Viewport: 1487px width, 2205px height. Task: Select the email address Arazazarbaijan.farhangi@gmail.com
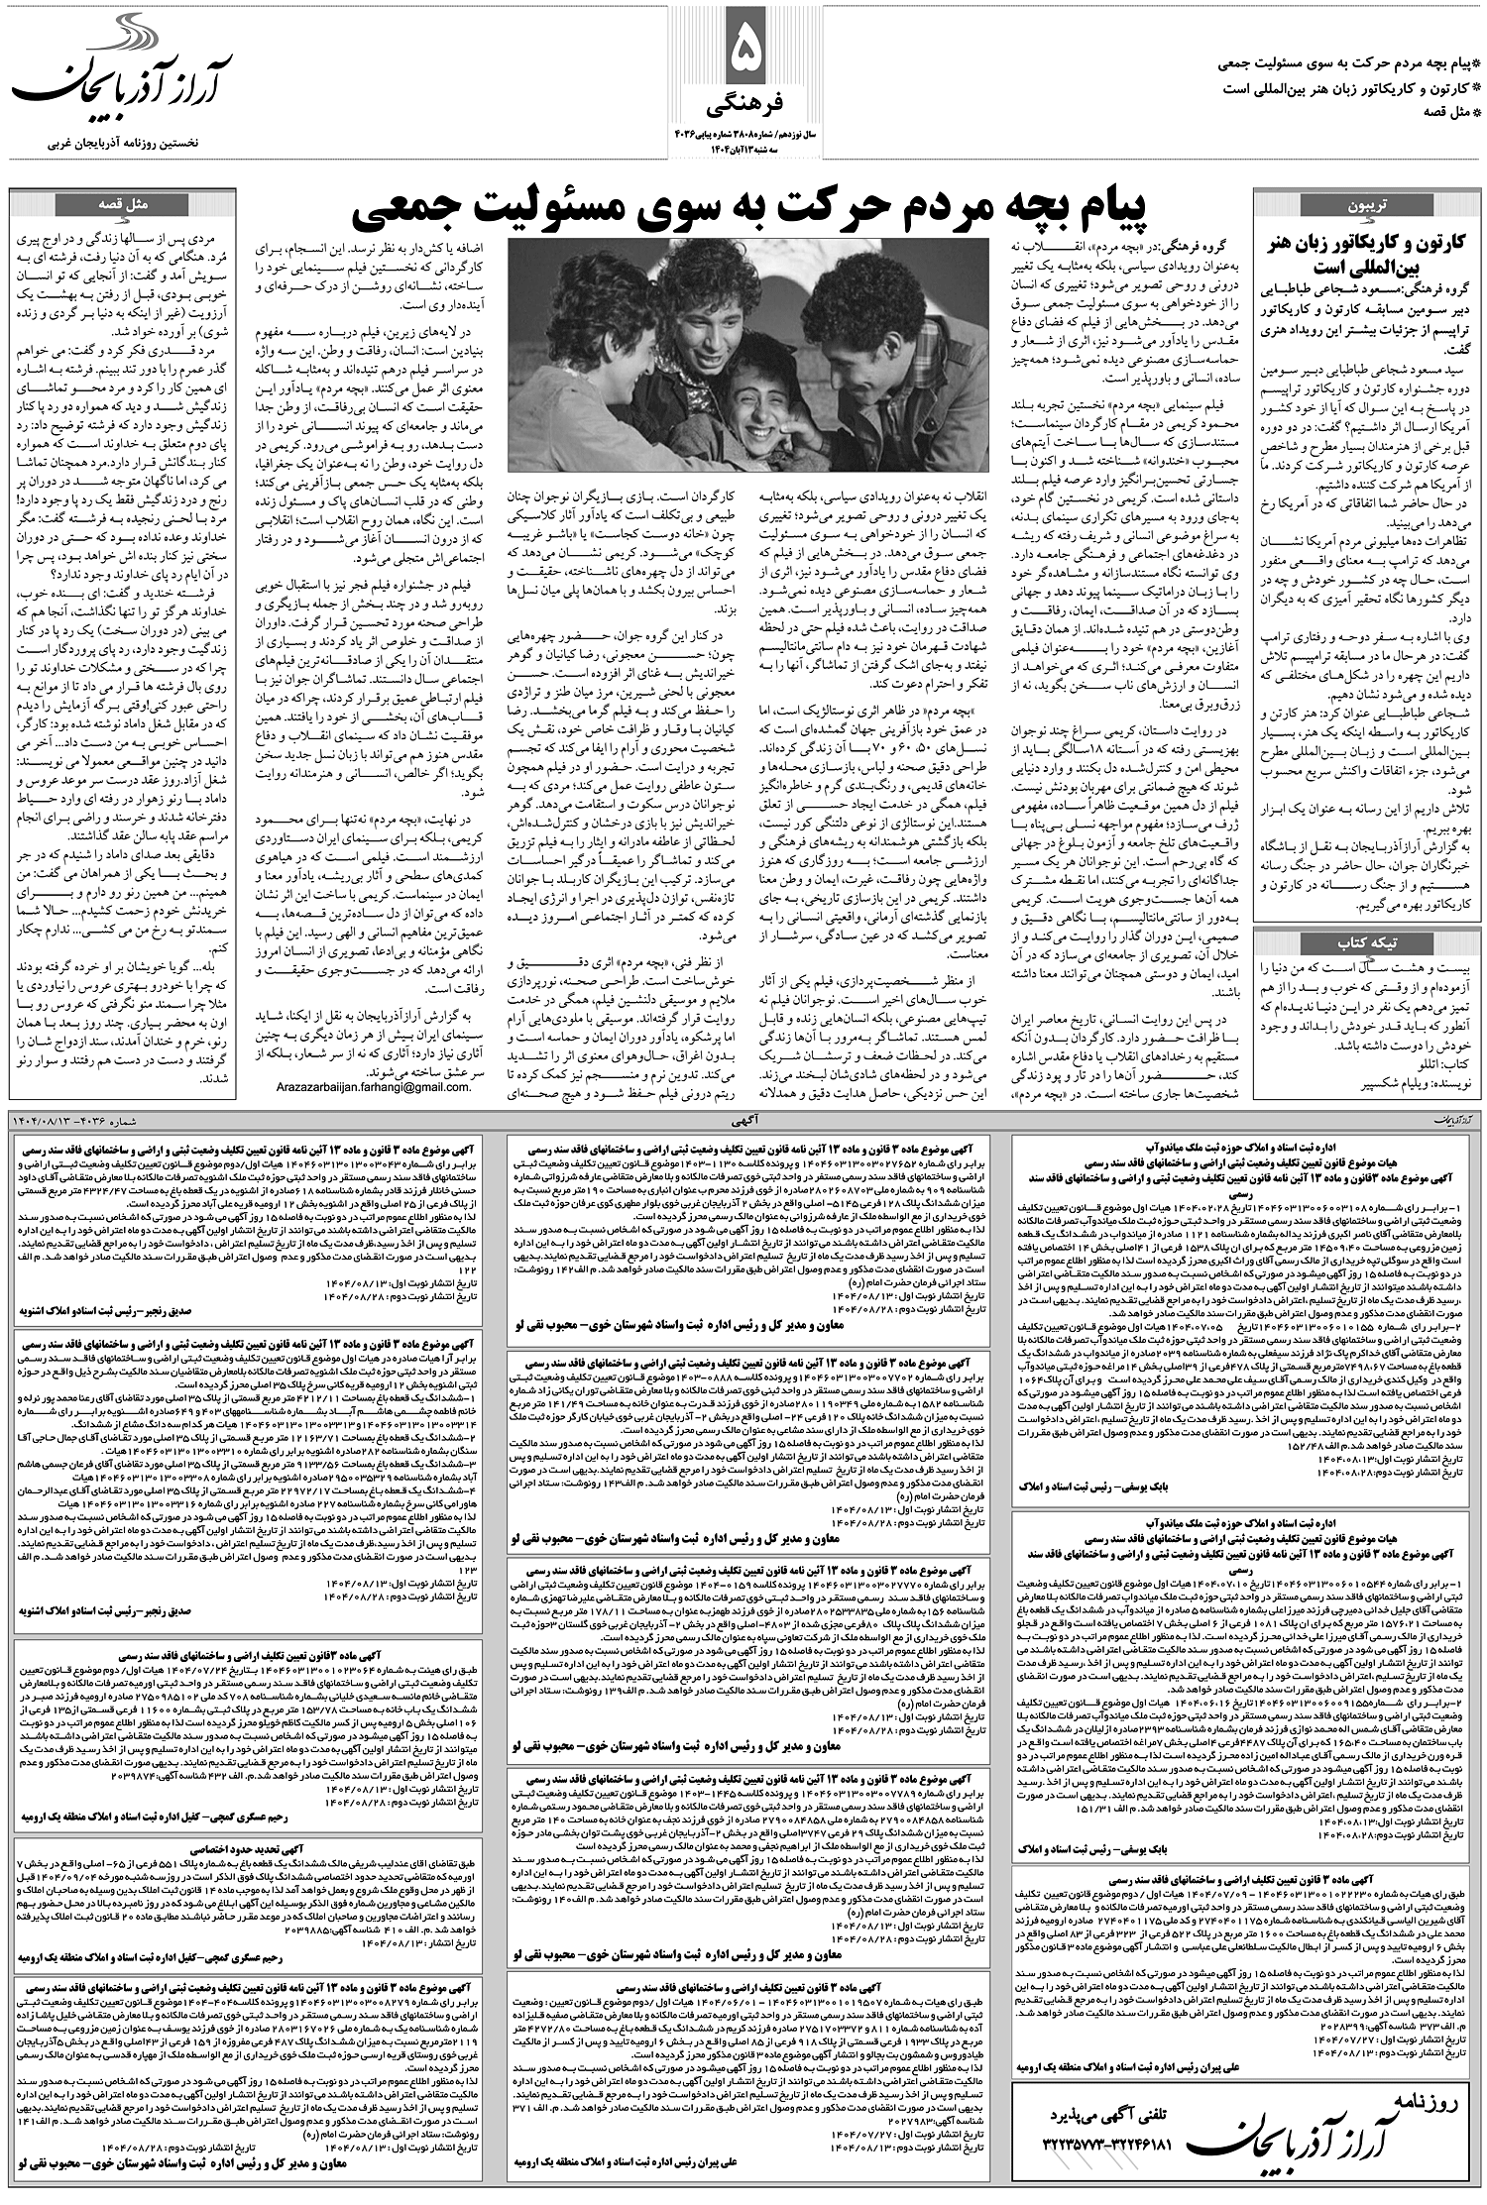(368, 1087)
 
